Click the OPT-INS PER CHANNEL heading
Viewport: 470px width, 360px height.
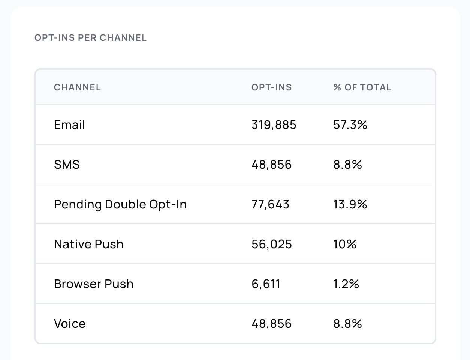click(90, 38)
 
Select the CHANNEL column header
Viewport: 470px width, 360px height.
click(77, 87)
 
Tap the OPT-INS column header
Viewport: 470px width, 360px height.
click(271, 87)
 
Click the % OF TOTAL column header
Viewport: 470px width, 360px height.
click(362, 87)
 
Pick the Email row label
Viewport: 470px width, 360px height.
click(69, 125)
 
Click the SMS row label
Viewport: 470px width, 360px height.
click(67, 165)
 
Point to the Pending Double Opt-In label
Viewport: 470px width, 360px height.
click(120, 204)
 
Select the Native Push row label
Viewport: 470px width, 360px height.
click(88, 244)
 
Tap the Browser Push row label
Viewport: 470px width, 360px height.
click(93, 284)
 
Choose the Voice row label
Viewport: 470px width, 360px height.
click(70, 324)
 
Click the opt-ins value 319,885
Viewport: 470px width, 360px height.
click(274, 125)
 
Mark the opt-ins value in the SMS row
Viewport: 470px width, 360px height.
click(271, 165)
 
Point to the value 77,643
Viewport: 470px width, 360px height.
click(270, 204)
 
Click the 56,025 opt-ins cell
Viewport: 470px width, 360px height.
click(271, 244)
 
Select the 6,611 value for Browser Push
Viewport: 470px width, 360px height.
click(266, 284)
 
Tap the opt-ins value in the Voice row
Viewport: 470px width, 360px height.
click(271, 324)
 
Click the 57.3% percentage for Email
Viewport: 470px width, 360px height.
click(350, 125)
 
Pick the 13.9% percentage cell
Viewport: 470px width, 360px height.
click(350, 204)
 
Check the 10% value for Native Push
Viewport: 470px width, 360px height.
click(345, 244)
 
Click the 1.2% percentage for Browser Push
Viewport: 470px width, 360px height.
click(346, 284)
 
